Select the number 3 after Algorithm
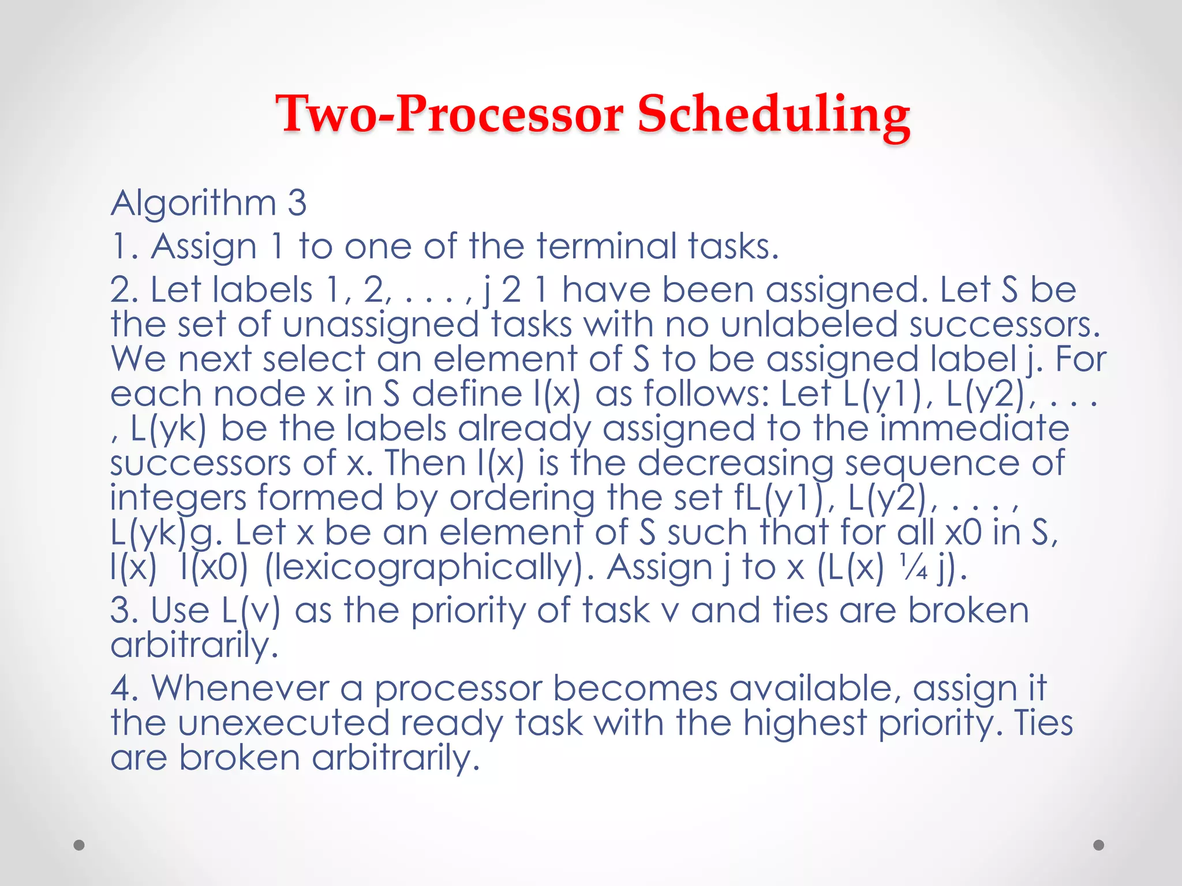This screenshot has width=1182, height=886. tap(297, 203)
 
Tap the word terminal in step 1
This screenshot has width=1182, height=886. tap(606, 246)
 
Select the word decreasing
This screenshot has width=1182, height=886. tap(735, 463)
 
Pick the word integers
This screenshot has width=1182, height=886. tap(178, 498)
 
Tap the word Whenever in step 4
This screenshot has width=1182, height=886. tap(240, 688)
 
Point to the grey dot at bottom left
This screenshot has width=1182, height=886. tap(79, 845)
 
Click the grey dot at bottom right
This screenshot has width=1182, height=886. tap(1099, 845)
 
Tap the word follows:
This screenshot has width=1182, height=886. tap(706, 394)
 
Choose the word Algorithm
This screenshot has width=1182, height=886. tap(193, 203)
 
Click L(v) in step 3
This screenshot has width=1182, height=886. tap(250, 611)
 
